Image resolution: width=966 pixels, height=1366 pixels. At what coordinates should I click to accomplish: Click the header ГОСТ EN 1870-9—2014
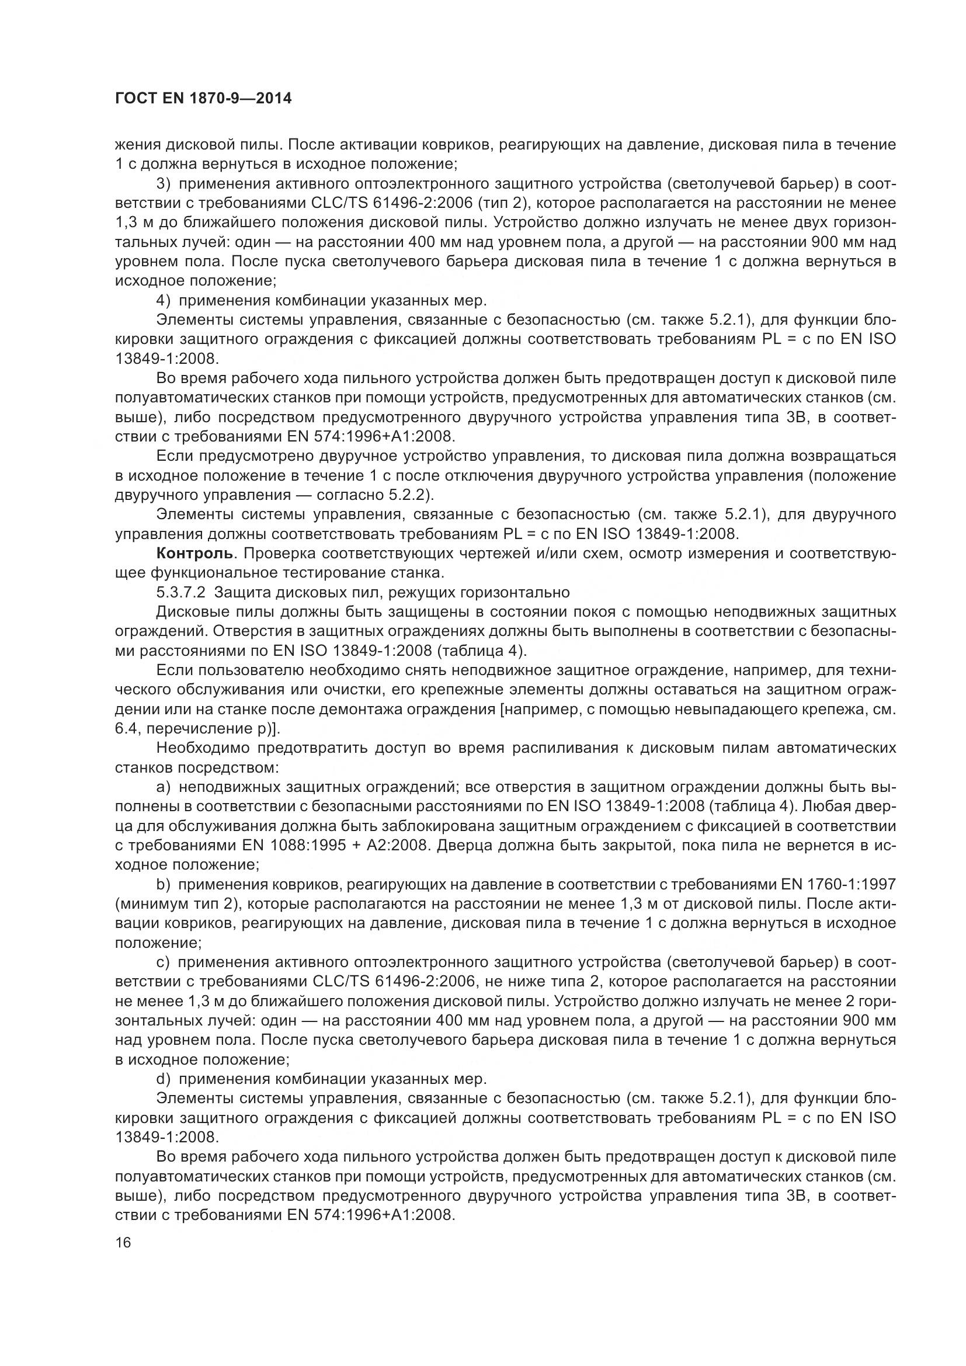(203, 99)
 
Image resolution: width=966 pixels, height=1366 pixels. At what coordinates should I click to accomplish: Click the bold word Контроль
(194, 553)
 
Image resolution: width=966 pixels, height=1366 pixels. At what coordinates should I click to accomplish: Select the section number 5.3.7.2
(180, 593)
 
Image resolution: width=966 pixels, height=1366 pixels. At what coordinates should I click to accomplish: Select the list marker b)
(164, 885)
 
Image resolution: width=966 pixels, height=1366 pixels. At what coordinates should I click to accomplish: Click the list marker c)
(164, 962)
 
